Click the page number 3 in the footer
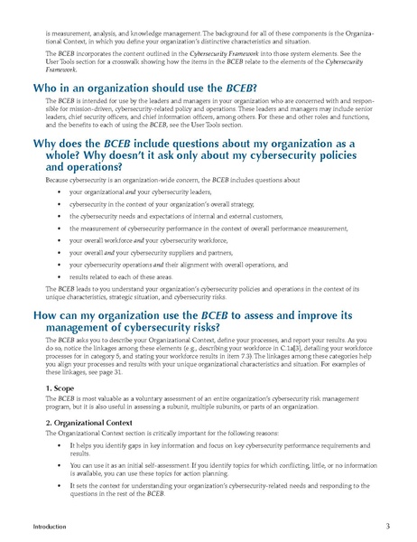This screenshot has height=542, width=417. (x=387, y=525)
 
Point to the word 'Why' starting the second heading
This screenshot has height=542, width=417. (x=46, y=144)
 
